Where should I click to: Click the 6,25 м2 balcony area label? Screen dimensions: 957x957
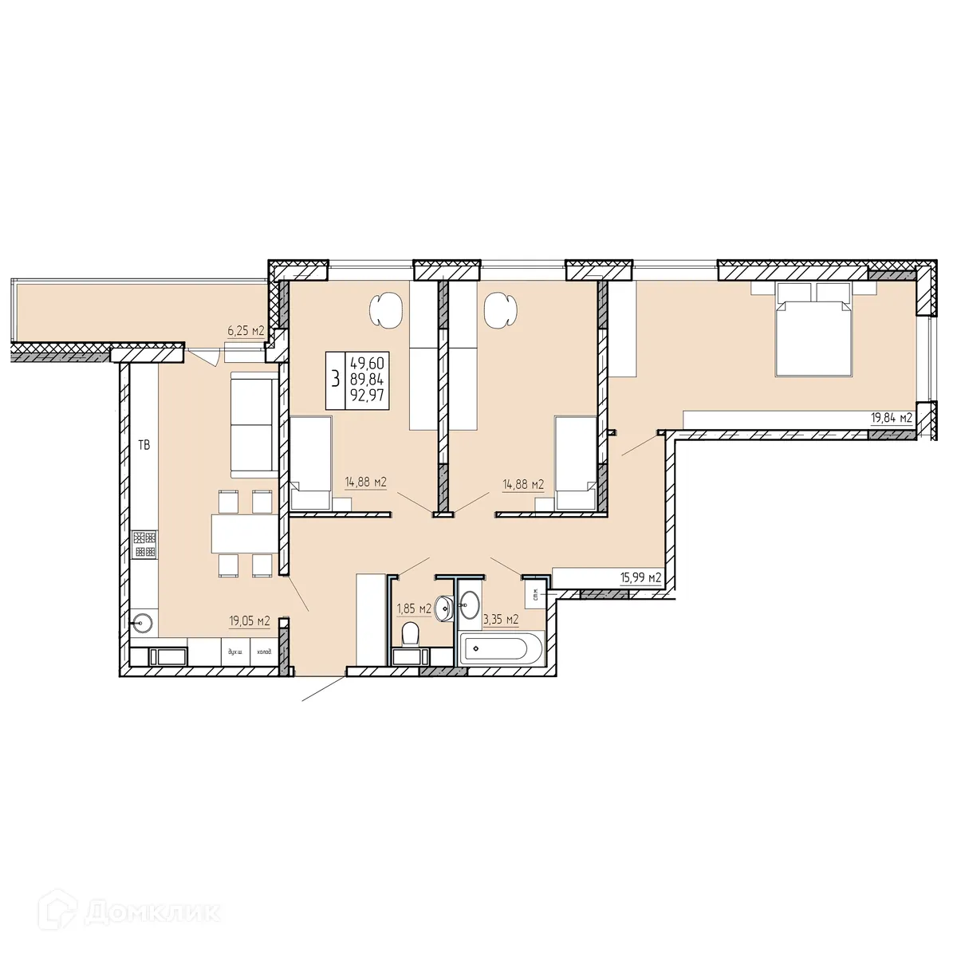(246, 330)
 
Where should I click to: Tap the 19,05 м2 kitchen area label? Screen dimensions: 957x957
(250, 620)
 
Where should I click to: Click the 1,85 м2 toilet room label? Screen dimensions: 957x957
(413, 609)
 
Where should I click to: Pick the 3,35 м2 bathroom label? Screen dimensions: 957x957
(501, 618)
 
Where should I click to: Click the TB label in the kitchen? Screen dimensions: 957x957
(144, 446)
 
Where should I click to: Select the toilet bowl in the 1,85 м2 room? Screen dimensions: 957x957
(411, 635)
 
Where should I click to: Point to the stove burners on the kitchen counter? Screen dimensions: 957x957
(145, 544)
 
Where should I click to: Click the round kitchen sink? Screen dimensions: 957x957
(144, 622)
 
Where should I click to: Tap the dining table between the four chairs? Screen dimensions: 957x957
(242, 534)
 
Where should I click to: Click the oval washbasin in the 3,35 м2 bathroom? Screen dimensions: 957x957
(470, 605)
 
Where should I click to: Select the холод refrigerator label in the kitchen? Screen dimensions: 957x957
(263, 652)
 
